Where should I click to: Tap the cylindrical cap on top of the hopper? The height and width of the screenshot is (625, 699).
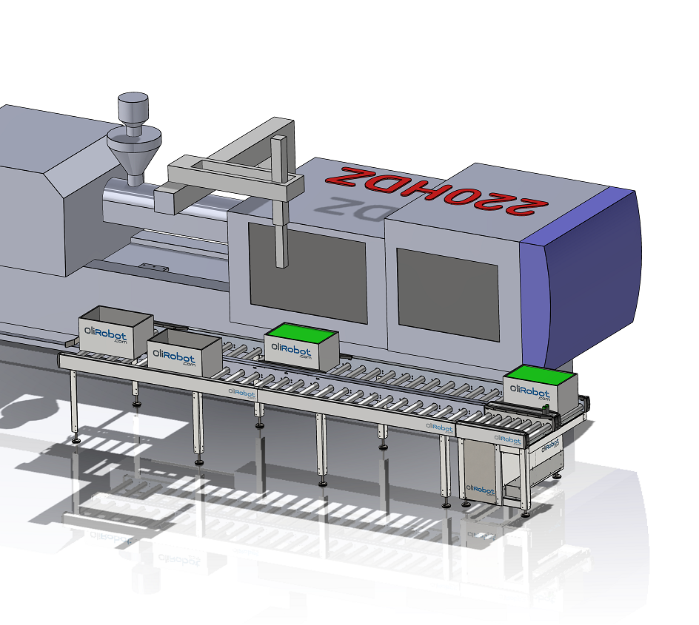point(133,109)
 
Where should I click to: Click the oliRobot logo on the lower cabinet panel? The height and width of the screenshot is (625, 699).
point(481,489)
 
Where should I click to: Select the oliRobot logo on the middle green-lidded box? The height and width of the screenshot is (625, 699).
point(292,349)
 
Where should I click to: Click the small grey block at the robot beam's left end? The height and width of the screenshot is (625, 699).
point(165,197)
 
